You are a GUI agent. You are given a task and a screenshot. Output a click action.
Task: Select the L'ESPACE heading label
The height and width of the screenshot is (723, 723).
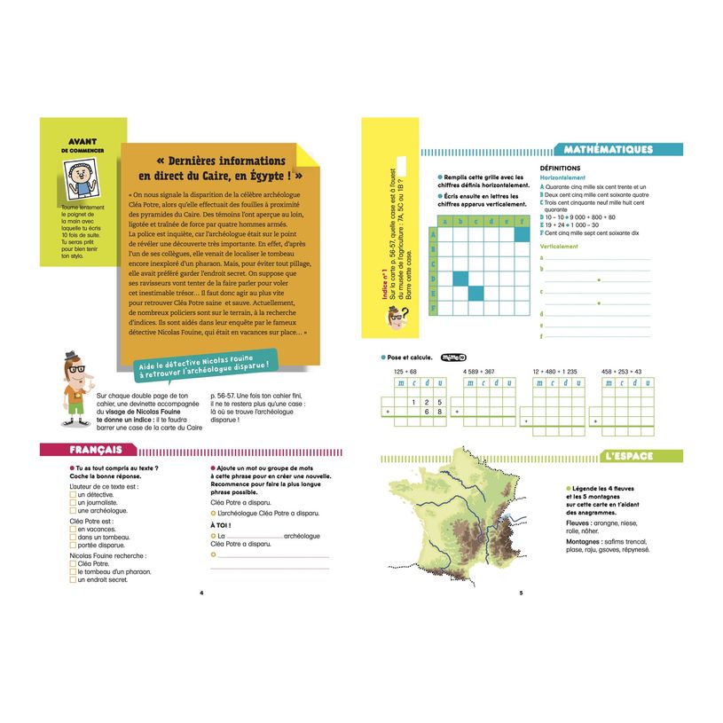pyautogui.click(x=632, y=457)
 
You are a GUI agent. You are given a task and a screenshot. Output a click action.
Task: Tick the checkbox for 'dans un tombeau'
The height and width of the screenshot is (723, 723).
pyautogui.click(x=73, y=537)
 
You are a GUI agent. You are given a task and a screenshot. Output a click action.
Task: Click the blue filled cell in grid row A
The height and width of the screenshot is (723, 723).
pyautogui.click(x=522, y=235)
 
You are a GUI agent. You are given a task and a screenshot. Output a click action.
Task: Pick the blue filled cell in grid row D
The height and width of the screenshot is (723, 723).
pyautogui.click(x=460, y=279)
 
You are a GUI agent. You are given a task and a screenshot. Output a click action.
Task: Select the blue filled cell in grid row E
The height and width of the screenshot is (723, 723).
pyautogui.click(x=475, y=294)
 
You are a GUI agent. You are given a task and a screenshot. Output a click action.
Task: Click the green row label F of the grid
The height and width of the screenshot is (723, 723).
pyautogui.click(x=433, y=309)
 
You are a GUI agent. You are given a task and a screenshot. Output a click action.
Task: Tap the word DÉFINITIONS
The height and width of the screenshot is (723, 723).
pyautogui.click(x=560, y=169)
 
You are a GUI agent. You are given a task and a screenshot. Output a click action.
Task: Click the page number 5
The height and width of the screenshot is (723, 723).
pyautogui.click(x=521, y=593)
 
